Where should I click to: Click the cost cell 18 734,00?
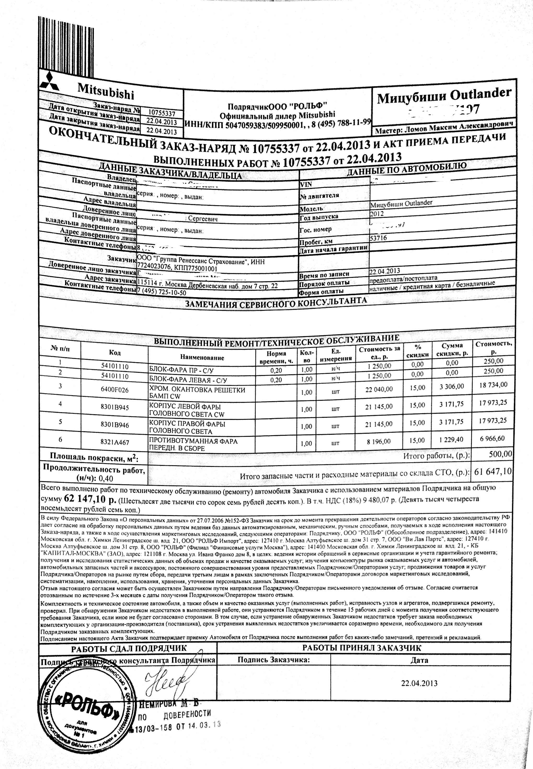point(493,385)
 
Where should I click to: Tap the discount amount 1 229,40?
point(451,440)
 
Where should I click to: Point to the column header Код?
point(114,353)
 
